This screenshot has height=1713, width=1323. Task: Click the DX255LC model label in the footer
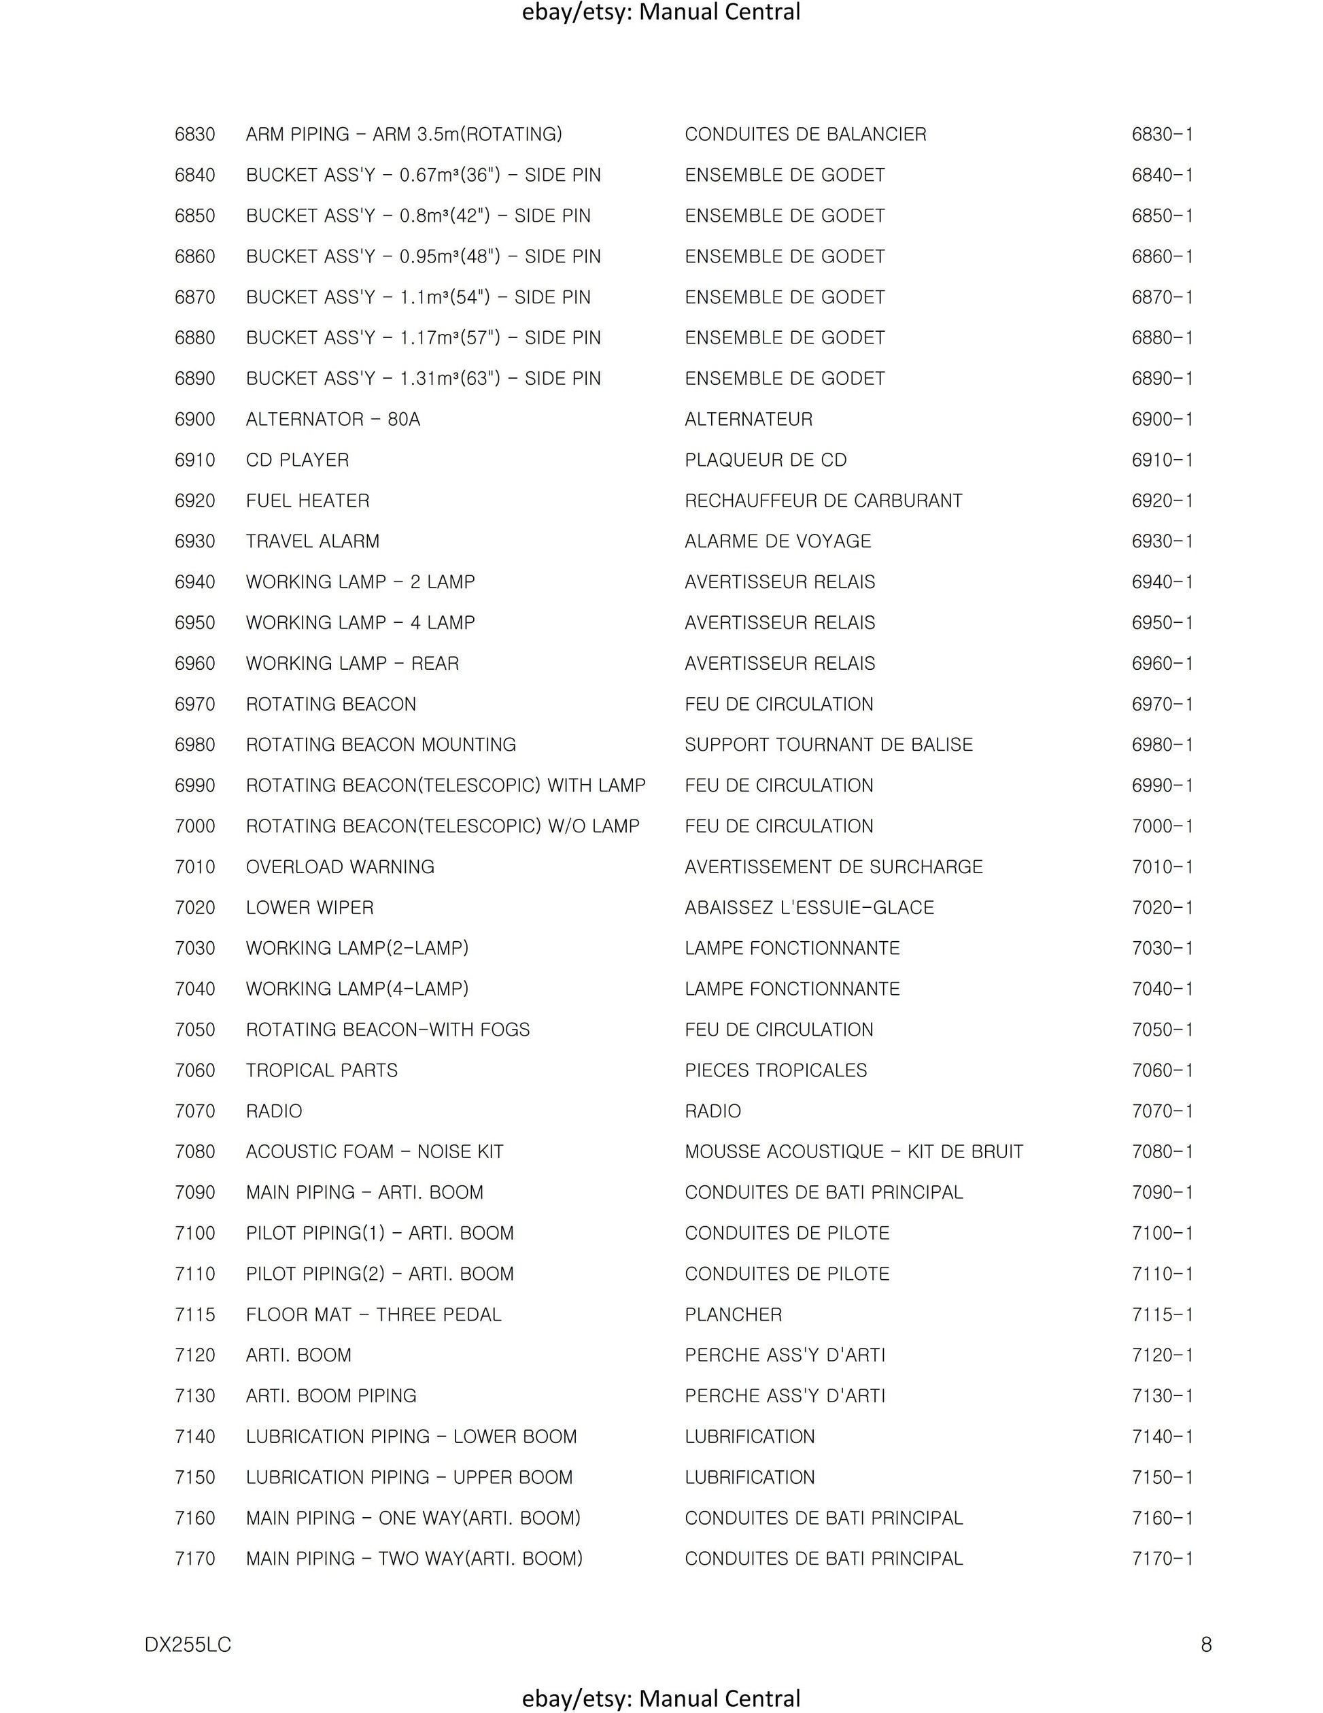[x=188, y=1644]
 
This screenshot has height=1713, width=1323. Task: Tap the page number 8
[x=1206, y=1644]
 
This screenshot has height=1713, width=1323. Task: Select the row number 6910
[x=194, y=460]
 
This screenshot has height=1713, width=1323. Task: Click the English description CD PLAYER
[x=297, y=460]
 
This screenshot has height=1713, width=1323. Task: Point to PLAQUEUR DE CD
[x=766, y=460]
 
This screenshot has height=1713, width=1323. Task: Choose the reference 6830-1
[x=1161, y=135]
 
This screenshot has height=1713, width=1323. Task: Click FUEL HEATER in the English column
[x=307, y=501]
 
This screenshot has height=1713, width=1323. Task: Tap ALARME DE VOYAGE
[x=777, y=542]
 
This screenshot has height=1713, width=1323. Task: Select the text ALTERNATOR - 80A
[x=332, y=420]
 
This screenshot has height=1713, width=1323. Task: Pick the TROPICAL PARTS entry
[x=322, y=1070]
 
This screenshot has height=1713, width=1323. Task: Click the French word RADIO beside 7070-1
[x=712, y=1111]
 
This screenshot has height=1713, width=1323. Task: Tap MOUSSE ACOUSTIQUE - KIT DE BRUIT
[x=853, y=1152]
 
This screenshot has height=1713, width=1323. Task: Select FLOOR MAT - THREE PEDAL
[x=373, y=1315]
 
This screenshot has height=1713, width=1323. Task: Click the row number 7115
[x=194, y=1315]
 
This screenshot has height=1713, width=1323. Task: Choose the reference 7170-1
[x=1161, y=1559]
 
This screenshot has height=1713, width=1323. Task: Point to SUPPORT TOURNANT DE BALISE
[x=828, y=745]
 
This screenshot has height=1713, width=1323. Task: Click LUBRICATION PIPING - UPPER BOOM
[x=409, y=1478]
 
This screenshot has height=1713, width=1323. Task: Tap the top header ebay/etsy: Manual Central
[x=661, y=12]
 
